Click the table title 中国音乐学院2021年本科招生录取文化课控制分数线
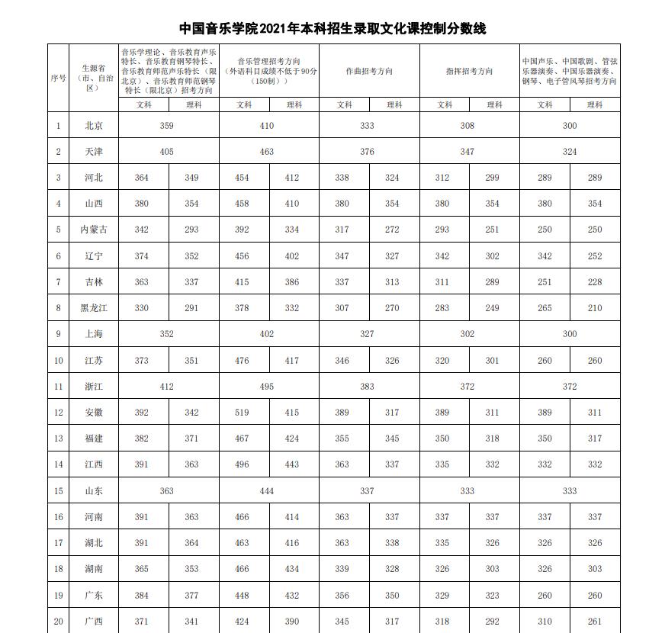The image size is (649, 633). [332, 29]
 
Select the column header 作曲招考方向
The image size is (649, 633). [369, 71]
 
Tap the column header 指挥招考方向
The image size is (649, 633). [469, 71]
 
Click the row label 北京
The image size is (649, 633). [94, 126]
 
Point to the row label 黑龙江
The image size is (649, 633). [94, 308]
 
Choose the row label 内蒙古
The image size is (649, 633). [94, 230]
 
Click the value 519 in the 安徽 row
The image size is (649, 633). [242, 413]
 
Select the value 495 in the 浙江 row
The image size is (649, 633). [266, 387]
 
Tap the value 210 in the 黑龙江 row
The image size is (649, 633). [595, 308]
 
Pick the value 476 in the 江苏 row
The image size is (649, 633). [242, 361]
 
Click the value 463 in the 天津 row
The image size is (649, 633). [266, 152]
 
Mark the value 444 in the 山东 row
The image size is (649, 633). [266, 491]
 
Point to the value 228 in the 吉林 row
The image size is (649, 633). [595, 282]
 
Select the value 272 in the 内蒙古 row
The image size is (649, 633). [392, 230]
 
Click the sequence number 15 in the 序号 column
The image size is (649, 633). [58, 491]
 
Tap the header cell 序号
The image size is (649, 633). [58, 78]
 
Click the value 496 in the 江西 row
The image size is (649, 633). [242, 464]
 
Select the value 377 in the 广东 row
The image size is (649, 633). [191, 596]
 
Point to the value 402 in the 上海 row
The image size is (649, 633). [266, 334]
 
